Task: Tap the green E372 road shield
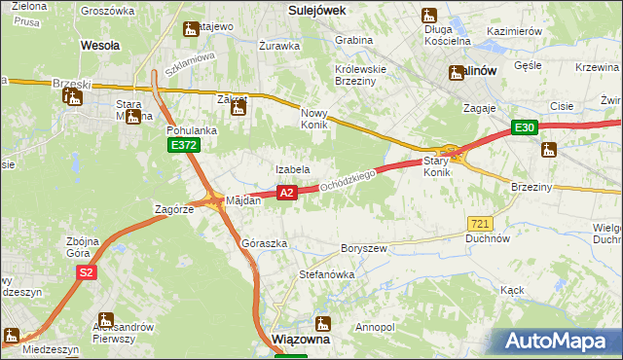(x=182, y=145)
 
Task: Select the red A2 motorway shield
(x=286, y=194)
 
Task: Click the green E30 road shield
(x=526, y=127)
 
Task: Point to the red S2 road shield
(x=87, y=273)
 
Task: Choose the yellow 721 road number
(x=479, y=224)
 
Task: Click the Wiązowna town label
(x=301, y=342)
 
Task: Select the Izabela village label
(x=292, y=169)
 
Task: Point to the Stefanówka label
(x=326, y=274)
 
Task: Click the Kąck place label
(x=512, y=290)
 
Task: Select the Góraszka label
(x=264, y=243)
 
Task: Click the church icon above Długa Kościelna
(x=429, y=16)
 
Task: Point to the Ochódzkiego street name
(x=348, y=179)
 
